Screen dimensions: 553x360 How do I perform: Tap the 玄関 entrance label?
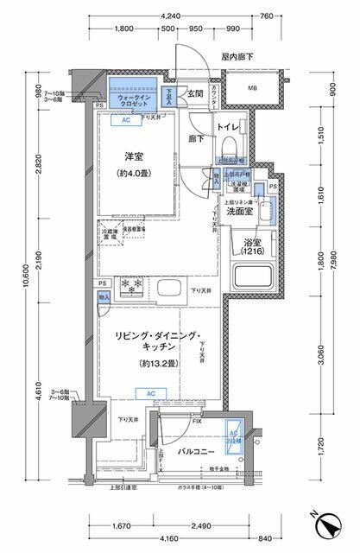pos(193,94)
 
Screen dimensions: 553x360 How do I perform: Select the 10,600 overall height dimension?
pos(12,278)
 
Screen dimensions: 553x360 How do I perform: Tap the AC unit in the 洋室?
pos(125,121)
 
